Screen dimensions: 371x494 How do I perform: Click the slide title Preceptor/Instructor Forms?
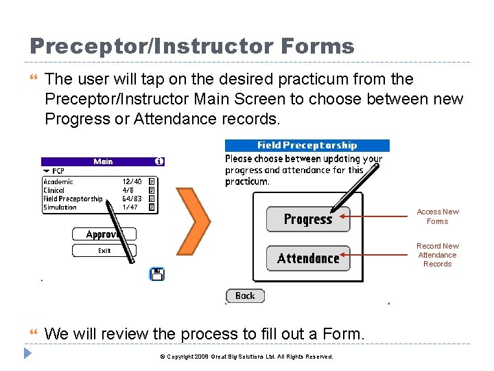(x=191, y=46)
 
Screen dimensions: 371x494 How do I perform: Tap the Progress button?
(x=307, y=220)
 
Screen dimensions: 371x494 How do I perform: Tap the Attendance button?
(x=307, y=258)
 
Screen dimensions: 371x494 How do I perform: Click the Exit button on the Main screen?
(x=104, y=251)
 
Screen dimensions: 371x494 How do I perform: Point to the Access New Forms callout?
(x=437, y=216)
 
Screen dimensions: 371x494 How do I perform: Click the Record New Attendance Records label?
(x=437, y=255)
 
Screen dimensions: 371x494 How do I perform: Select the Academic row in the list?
(x=58, y=182)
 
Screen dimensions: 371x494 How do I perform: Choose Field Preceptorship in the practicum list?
(x=73, y=199)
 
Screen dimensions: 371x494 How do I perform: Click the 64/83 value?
(x=132, y=199)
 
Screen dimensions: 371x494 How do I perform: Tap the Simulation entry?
(x=60, y=207)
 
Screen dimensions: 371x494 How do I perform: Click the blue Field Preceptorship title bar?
(x=307, y=145)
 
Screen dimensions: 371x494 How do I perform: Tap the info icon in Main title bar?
(x=159, y=161)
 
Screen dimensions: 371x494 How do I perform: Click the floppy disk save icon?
(x=157, y=275)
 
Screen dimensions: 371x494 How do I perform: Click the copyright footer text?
(x=246, y=357)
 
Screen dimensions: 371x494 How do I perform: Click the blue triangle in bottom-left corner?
(x=27, y=354)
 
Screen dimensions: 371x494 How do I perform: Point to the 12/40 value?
(x=132, y=182)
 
